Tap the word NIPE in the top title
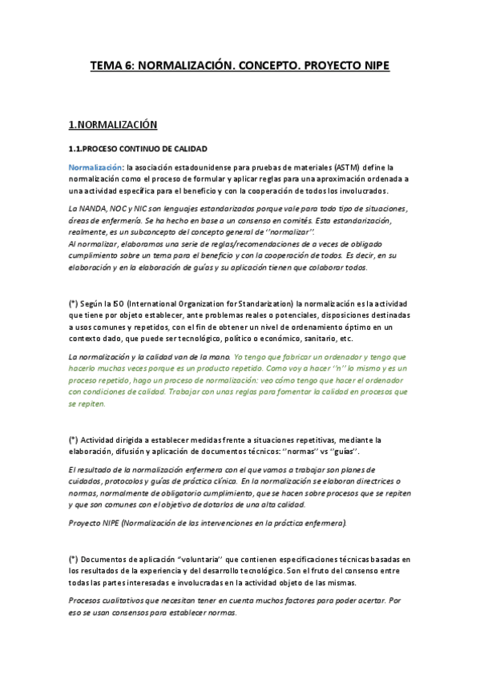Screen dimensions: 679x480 (x=374, y=67)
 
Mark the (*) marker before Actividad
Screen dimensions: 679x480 (x=74, y=440)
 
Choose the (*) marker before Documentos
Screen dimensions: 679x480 (x=74, y=557)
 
